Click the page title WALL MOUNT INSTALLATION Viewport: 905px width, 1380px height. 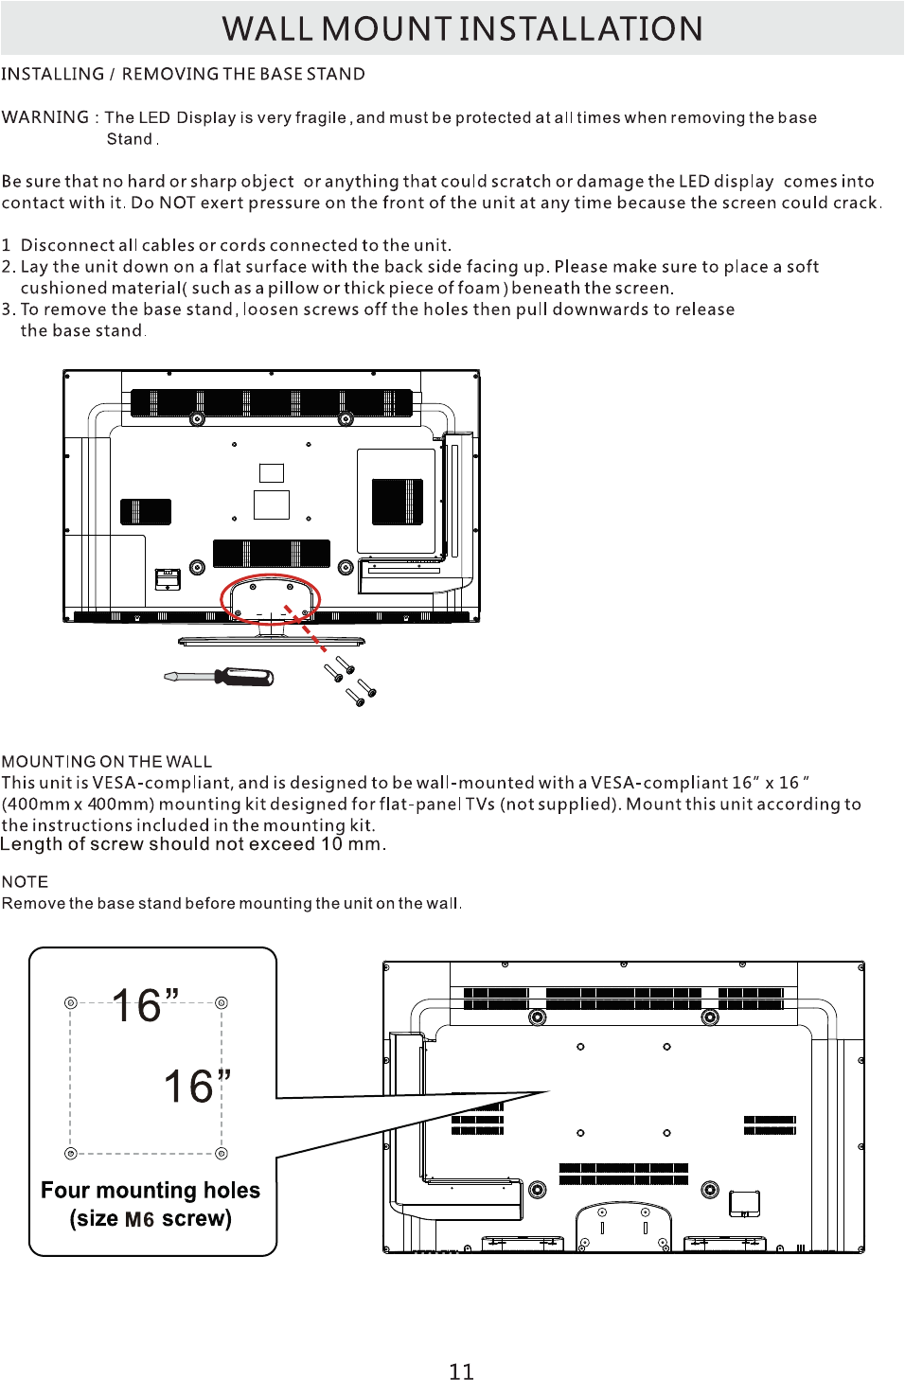[x=462, y=29]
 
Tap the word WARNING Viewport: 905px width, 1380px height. [x=44, y=117]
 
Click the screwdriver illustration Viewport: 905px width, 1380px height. [x=220, y=676]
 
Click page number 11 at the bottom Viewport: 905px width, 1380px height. [x=461, y=1371]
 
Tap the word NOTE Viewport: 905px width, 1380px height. [x=25, y=881]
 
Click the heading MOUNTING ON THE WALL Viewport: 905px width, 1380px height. [x=106, y=761]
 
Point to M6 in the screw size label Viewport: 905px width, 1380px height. [x=139, y=1219]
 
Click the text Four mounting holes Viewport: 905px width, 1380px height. [x=150, y=1190]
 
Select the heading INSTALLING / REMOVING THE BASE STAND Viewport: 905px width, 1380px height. [x=183, y=74]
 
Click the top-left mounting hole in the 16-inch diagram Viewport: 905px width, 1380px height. [x=70, y=1002]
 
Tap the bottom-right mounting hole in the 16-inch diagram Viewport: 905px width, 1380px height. [x=222, y=1153]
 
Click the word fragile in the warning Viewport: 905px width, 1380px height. [x=320, y=117]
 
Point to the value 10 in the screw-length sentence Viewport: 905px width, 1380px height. [x=330, y=844]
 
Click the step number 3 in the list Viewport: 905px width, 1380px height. [x=8, y=310]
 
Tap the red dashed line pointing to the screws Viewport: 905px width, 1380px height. [x=306, y=628]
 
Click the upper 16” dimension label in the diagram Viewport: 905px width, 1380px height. [x=145, y=1005]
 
